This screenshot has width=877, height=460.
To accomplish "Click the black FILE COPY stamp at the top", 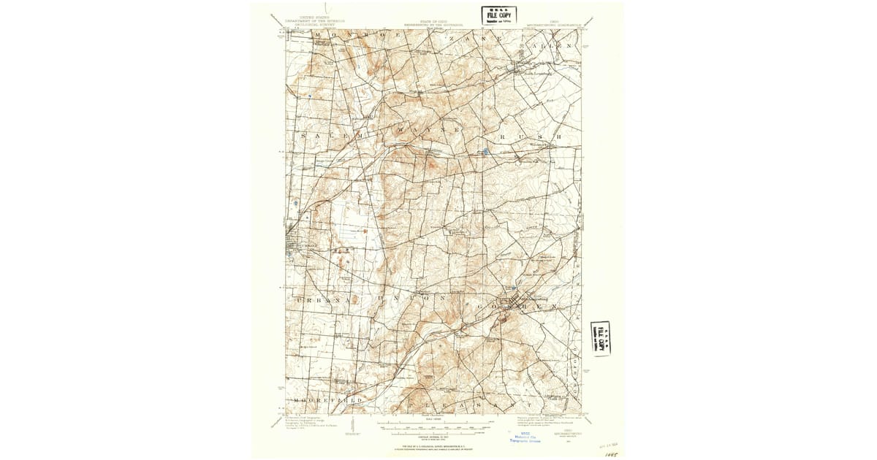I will [x=498, y=15].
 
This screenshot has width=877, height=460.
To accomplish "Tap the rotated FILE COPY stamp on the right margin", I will [x=601, y=339].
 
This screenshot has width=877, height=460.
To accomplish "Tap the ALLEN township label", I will [x=554, y=45].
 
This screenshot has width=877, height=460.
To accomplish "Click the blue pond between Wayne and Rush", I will [x=485, y=152].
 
